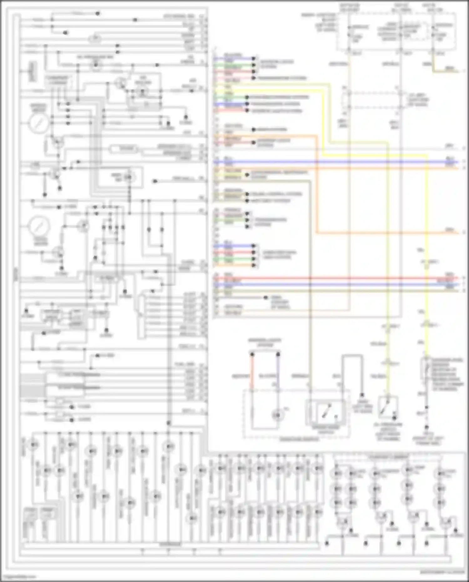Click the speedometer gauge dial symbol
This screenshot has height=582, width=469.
[39, 123]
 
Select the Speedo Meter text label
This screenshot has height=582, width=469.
[38, 108]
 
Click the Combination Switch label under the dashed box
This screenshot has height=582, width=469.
[298, 439]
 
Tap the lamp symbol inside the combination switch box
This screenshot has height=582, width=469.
[277, 415]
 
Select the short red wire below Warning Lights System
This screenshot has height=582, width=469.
[252, 372]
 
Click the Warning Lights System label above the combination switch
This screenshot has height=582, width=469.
[265, 342]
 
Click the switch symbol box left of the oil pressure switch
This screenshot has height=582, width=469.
[327, 413]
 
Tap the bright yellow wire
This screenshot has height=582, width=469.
[427, 219]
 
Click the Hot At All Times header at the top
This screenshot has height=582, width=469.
[401, 8]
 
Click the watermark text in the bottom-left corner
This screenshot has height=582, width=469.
[19, 577]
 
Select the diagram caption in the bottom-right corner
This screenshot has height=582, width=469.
[442, 572]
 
